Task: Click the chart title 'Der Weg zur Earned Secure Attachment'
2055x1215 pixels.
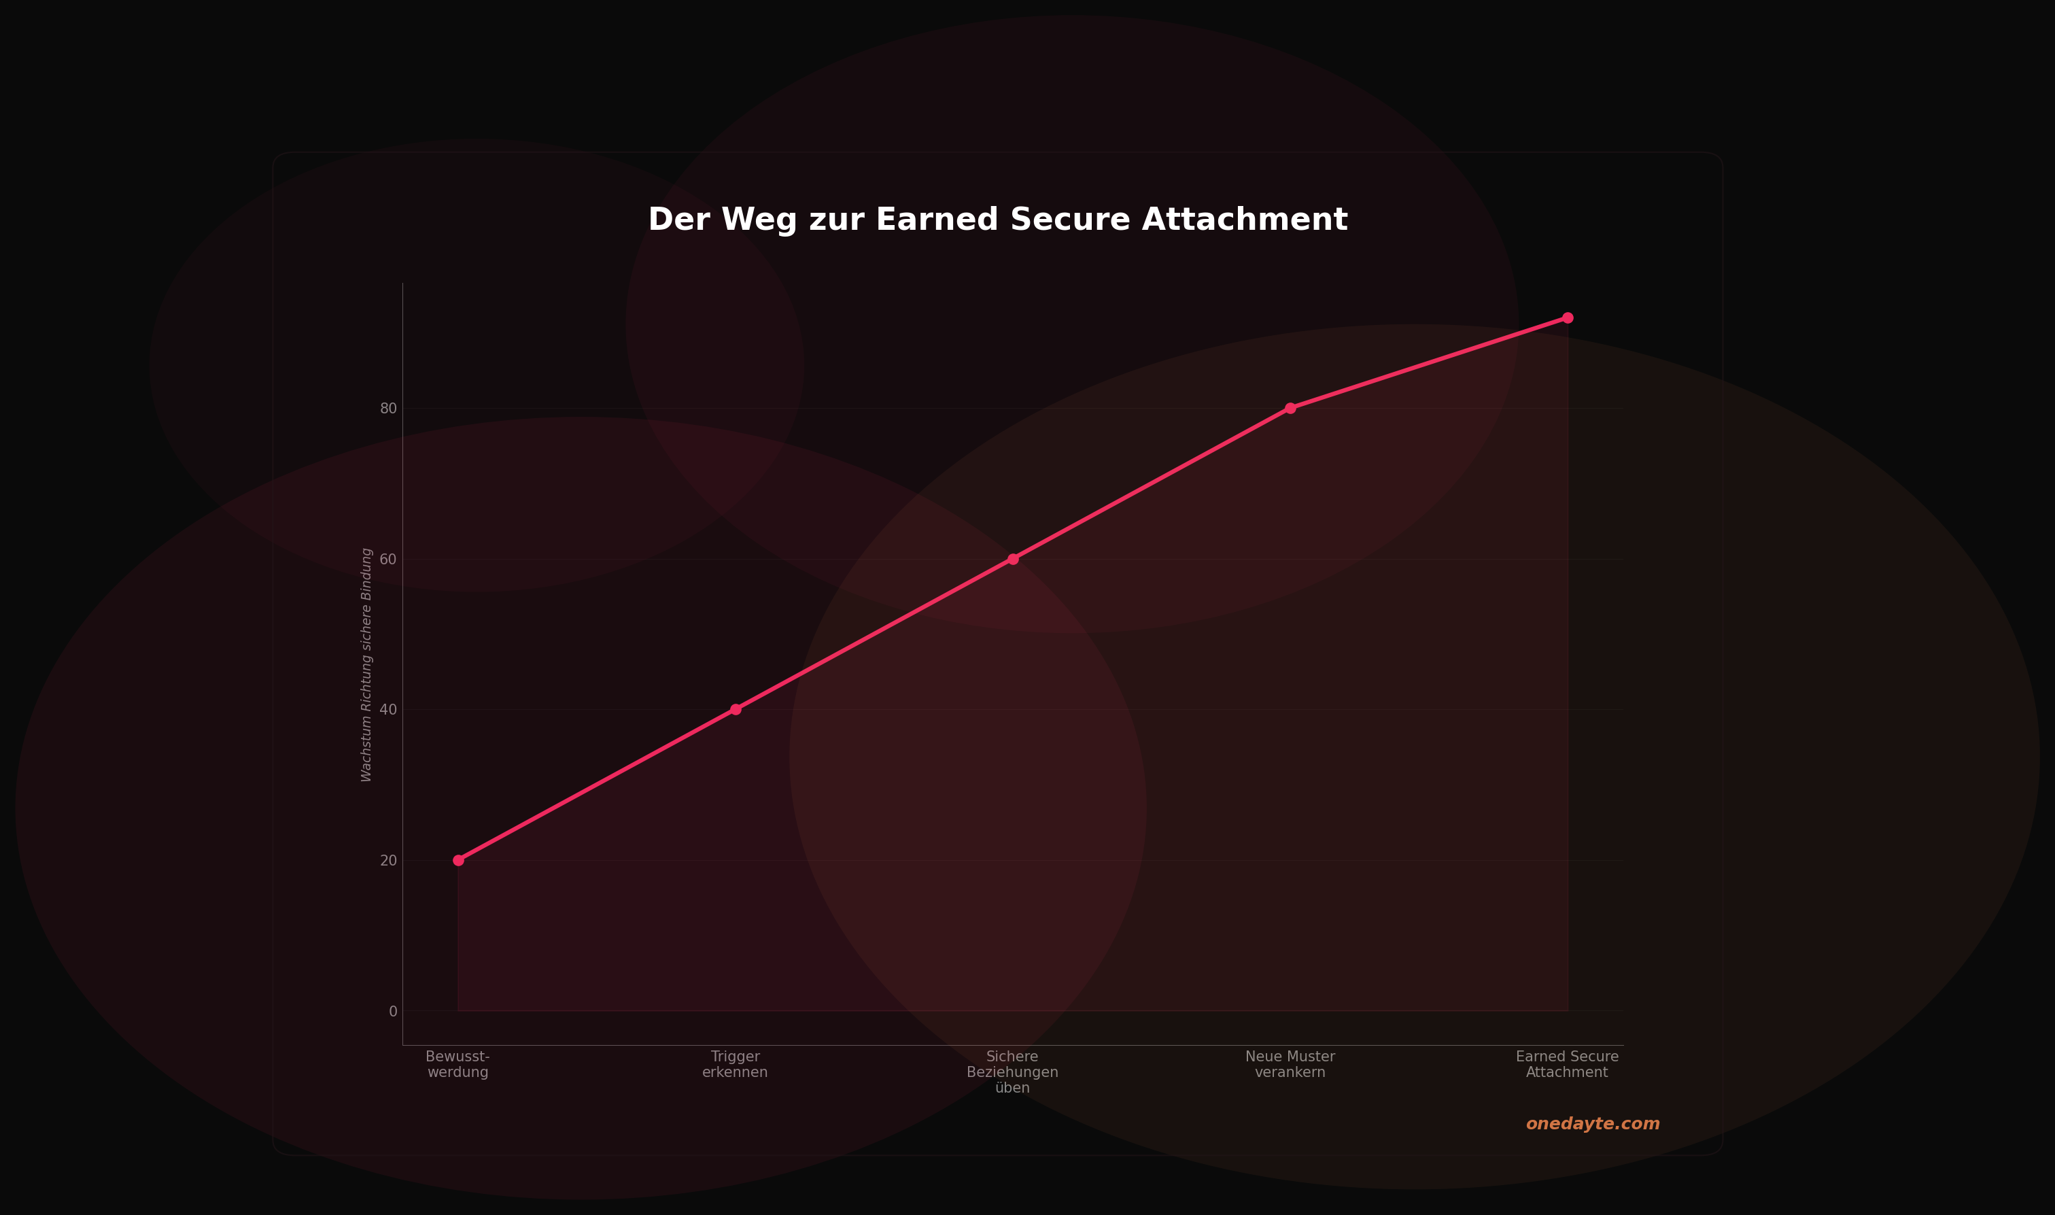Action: (x=998, y=220)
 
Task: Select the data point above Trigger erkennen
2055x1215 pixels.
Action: (x=736, y=710)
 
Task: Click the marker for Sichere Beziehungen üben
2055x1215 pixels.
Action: (x=1013, y=559)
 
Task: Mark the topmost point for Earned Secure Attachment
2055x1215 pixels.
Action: (x=1567, y=318)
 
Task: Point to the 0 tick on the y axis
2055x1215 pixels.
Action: (x=393, y=1012)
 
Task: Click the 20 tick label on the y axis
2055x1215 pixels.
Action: (x=389, y=861)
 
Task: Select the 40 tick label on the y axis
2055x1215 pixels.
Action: (x=389, y=710)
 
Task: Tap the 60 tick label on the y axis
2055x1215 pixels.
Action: (x=389, y=559)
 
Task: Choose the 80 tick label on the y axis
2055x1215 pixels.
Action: (x=389, y=409)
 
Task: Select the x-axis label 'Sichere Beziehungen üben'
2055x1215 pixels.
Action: (x=1013, y=1072)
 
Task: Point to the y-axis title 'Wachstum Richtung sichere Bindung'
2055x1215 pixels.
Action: (x=366, y=665)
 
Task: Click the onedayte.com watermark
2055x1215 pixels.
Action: (x=1593, y=1124)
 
